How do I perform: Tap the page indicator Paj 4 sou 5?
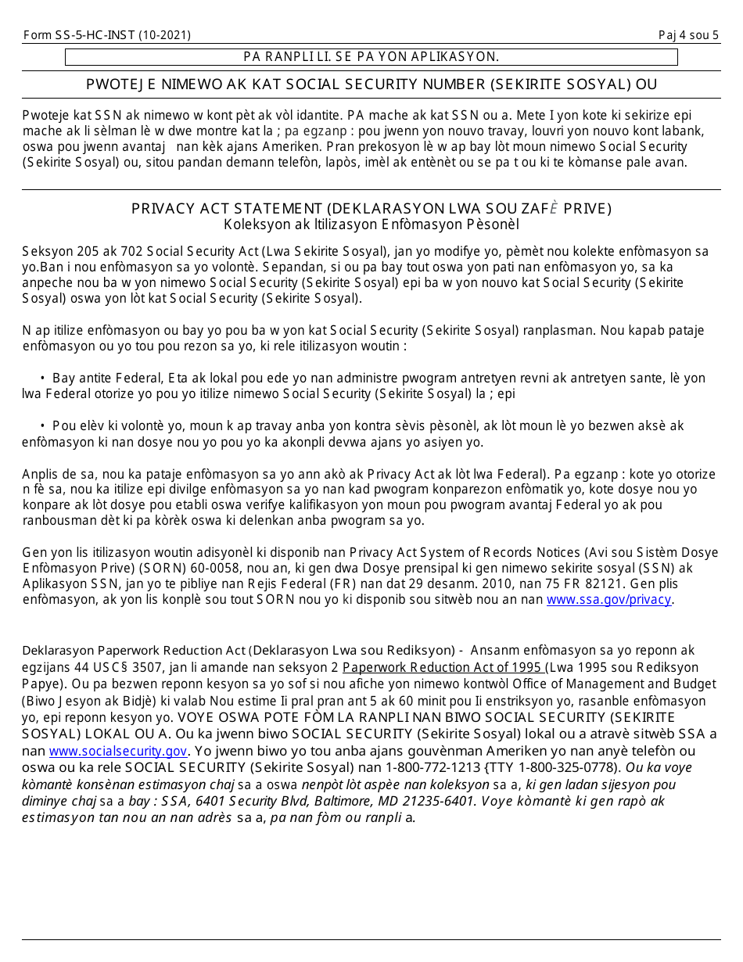(x=688, y=35)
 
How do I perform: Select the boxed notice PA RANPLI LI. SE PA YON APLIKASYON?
(x=371, y=56)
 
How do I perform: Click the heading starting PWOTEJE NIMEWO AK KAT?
(x=371, y=84)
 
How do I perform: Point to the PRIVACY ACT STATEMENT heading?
(x=371, y=209)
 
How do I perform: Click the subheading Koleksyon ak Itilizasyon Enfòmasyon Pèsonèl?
(x=371, y=224)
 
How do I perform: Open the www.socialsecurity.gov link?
(x=118, y=751)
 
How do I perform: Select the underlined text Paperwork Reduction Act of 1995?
(x=443, y=667)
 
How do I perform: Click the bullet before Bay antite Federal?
(x=42, y=379)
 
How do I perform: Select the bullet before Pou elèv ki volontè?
(x=42, y=426)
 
